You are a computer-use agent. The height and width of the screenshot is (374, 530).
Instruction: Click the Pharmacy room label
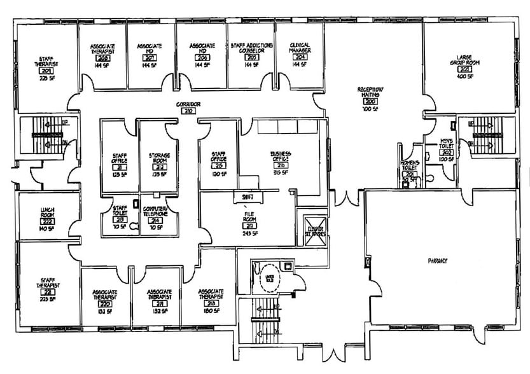coord(438,261)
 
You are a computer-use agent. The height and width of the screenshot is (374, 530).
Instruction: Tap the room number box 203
coord(465,69)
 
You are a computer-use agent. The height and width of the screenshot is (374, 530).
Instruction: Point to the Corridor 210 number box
coord(188,111)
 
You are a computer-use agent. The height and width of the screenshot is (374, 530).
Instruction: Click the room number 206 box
coord(202,59)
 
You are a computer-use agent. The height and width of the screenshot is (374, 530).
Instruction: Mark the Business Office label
coord(281,156)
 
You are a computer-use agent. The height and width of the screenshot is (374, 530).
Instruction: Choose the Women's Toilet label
coord(409,167)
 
